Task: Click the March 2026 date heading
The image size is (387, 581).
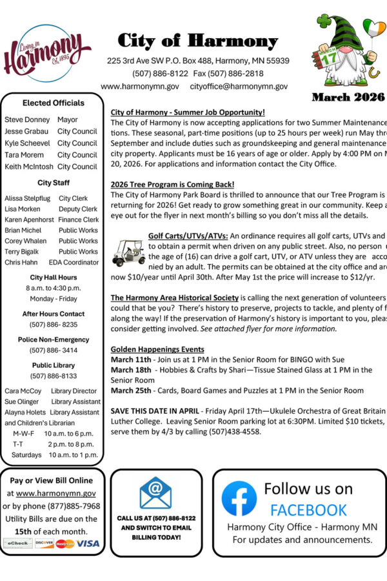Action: [348, 97]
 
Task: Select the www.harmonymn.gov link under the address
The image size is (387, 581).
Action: [140, 86]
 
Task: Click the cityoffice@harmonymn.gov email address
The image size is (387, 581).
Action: [239, 86]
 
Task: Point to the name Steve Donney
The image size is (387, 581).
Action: [27, 120]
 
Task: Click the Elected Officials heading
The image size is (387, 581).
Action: [53, 103]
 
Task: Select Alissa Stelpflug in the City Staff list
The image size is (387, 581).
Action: [27, 199]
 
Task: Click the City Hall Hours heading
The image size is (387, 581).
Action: [53, 278]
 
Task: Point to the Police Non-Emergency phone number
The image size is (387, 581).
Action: [53, 351]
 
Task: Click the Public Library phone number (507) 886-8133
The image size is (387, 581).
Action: [53, 376]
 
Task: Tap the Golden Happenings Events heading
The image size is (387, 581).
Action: [157, 349]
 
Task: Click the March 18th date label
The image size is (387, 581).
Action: [131, 370]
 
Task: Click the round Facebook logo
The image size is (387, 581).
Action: [239, 498]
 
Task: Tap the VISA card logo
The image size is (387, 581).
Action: [88, 544]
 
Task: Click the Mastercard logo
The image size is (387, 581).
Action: [64, 544]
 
